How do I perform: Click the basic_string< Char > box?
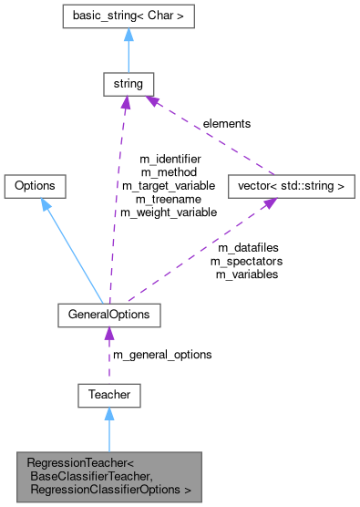(128, 16)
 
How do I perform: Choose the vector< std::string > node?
(289, 186)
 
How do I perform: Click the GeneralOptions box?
(108, 315)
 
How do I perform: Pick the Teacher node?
(108, 395)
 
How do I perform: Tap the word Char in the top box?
(163, 16)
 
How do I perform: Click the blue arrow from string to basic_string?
(126, 55)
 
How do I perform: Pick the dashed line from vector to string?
(210, 137)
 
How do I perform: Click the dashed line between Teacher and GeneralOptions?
(108, 360)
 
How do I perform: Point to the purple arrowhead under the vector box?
(271, 204)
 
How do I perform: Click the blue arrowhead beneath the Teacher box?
(108, 414)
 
